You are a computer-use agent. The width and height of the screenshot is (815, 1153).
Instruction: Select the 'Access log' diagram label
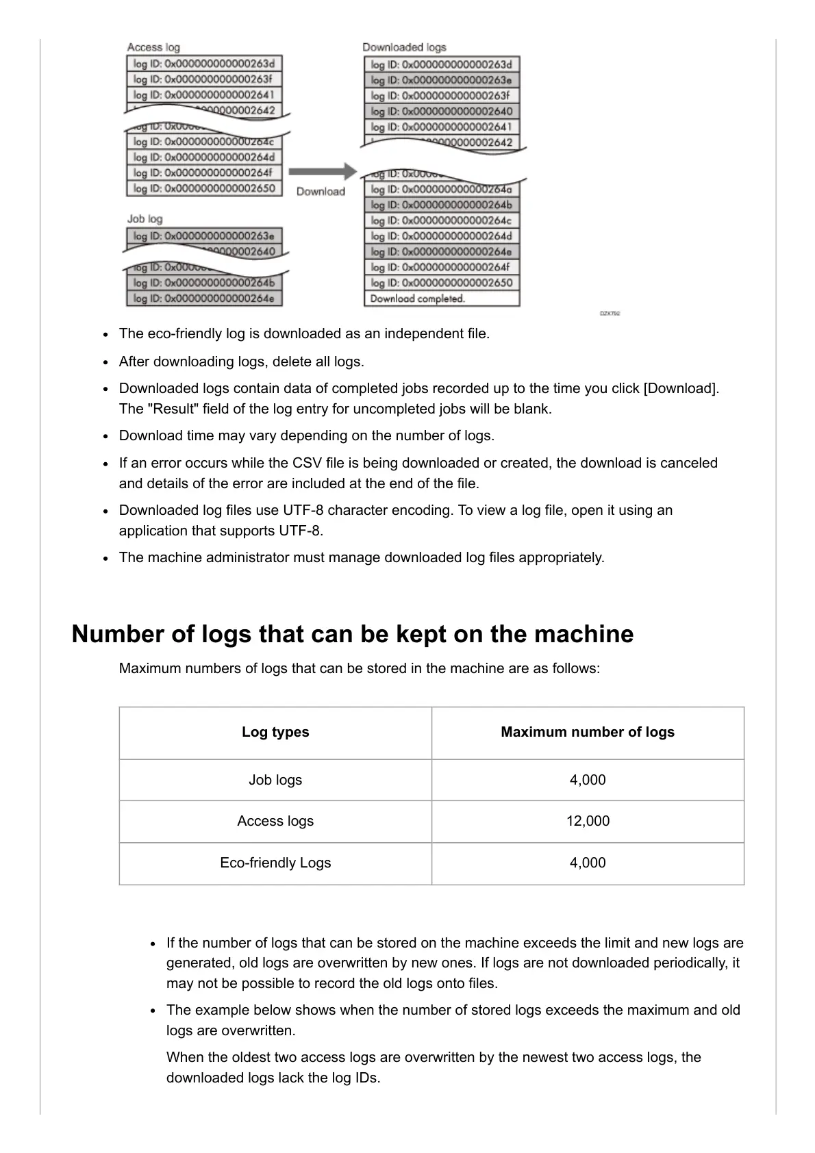tap(153, 47)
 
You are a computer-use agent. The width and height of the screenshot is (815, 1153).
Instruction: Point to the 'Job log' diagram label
tap(145, 218)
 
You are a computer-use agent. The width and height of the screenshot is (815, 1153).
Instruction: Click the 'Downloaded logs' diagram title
tap(404, 47)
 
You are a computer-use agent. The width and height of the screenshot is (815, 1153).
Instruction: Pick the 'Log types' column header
tap(275, 732)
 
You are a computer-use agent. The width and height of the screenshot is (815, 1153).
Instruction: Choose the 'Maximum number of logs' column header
tap(588, 732)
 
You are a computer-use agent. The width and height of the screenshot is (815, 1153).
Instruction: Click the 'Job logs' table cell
tap(275, 780)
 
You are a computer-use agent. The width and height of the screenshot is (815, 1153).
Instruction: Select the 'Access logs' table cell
tap(275, 821)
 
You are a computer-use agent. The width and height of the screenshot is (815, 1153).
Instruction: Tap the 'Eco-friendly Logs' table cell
tap(275, 863)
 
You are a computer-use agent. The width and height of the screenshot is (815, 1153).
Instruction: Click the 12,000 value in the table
tap(588, 821)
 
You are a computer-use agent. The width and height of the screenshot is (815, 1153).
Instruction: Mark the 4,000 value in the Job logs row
tap(588, 780)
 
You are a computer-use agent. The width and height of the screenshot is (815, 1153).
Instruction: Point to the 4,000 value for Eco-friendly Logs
tap(588, 863)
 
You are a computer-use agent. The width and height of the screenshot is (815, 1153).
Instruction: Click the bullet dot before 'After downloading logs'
tap(106, 362)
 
